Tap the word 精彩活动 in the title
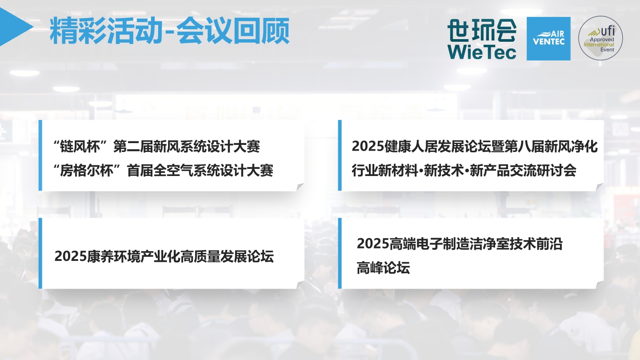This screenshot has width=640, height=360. pyautogui.click(x=106, y=31)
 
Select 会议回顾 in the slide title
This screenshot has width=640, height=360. pyautogui.click(x=233, y=31)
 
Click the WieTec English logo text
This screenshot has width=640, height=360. pyautogui.click(x=482, y=52)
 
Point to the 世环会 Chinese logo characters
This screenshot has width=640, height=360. pyautogui.click(x=482, y=30)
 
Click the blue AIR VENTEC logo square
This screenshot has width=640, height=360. pyautogui.click(x=548, y=39)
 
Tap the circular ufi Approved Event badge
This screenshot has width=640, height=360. pyautogui.click(x=600, y=38)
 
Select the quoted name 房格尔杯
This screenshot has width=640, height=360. pyautogui.click(x=87, y=171)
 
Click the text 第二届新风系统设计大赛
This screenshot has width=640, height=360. pyautogui.click(x=187, y=147)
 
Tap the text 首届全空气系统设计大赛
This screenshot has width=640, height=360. pyautogui.click(x=200, y=171)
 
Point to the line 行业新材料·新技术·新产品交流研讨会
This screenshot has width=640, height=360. pyautogui.click(x=464, y=171)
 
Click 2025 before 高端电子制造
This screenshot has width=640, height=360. pyautogui.click(x=373, y=244)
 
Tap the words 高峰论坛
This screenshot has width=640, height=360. pyautogui.click(x=384, y=268)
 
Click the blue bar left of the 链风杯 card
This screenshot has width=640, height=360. pyautogui.click(x=40, y=155)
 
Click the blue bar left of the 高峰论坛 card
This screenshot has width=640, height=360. pyautogui.click(x=340, y=253)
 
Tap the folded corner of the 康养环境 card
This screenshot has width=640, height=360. pyautogui.click(x=300, y=284)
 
